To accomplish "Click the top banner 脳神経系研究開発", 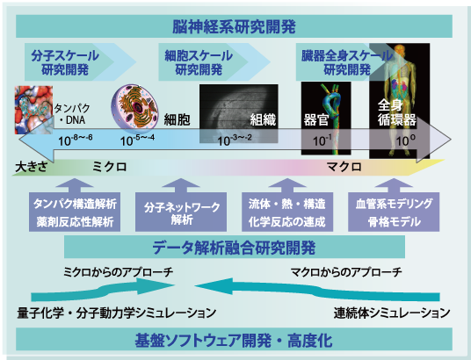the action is (x=234, y=26).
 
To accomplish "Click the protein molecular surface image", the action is (x=33, y=110).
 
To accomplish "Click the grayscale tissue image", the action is (x=238, y=113).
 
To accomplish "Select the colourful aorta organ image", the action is (x=326, y=119).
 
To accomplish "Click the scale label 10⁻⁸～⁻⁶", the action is (x=76, y=140).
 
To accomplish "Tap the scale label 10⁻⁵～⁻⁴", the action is (x=137, y=140).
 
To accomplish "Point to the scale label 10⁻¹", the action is (x=322, y=140).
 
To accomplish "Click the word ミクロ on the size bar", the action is (x=109, y=167).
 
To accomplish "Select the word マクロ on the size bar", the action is (x=344, y=167).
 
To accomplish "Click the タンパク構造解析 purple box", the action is (x=75, y=212).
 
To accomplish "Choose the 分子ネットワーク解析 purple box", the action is (x=181, y=212).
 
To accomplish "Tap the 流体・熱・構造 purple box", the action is (x=287, y=212).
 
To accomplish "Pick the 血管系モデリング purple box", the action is (x=394, y=212).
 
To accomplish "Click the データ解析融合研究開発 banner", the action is (x=235, y=247).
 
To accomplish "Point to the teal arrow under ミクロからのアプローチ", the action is (x=103, y=290).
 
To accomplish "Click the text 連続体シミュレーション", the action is (x=392, y=313).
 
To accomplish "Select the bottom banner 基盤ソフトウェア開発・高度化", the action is (x=234, y=339).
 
